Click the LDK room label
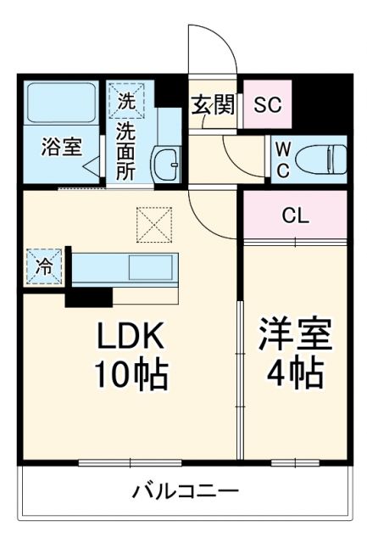(129, 338)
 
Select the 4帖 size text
(296, 372)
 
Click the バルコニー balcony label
(185, 491)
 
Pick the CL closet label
(295, 215)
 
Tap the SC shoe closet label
(268, 105)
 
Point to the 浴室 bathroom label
(62, 145)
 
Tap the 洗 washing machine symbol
(125, 101)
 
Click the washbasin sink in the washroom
(167, 160)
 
